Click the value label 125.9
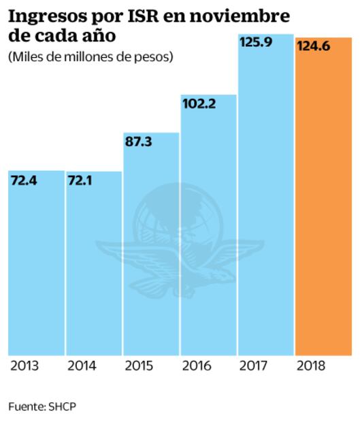coord(255,42)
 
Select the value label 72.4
coord(25,182)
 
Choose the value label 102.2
coord(198,105)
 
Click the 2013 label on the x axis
coord(24,366)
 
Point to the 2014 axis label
coord(82,366)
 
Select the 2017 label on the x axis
coord(254,366)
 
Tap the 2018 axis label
coord(312,366)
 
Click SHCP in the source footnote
coord(63,406)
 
